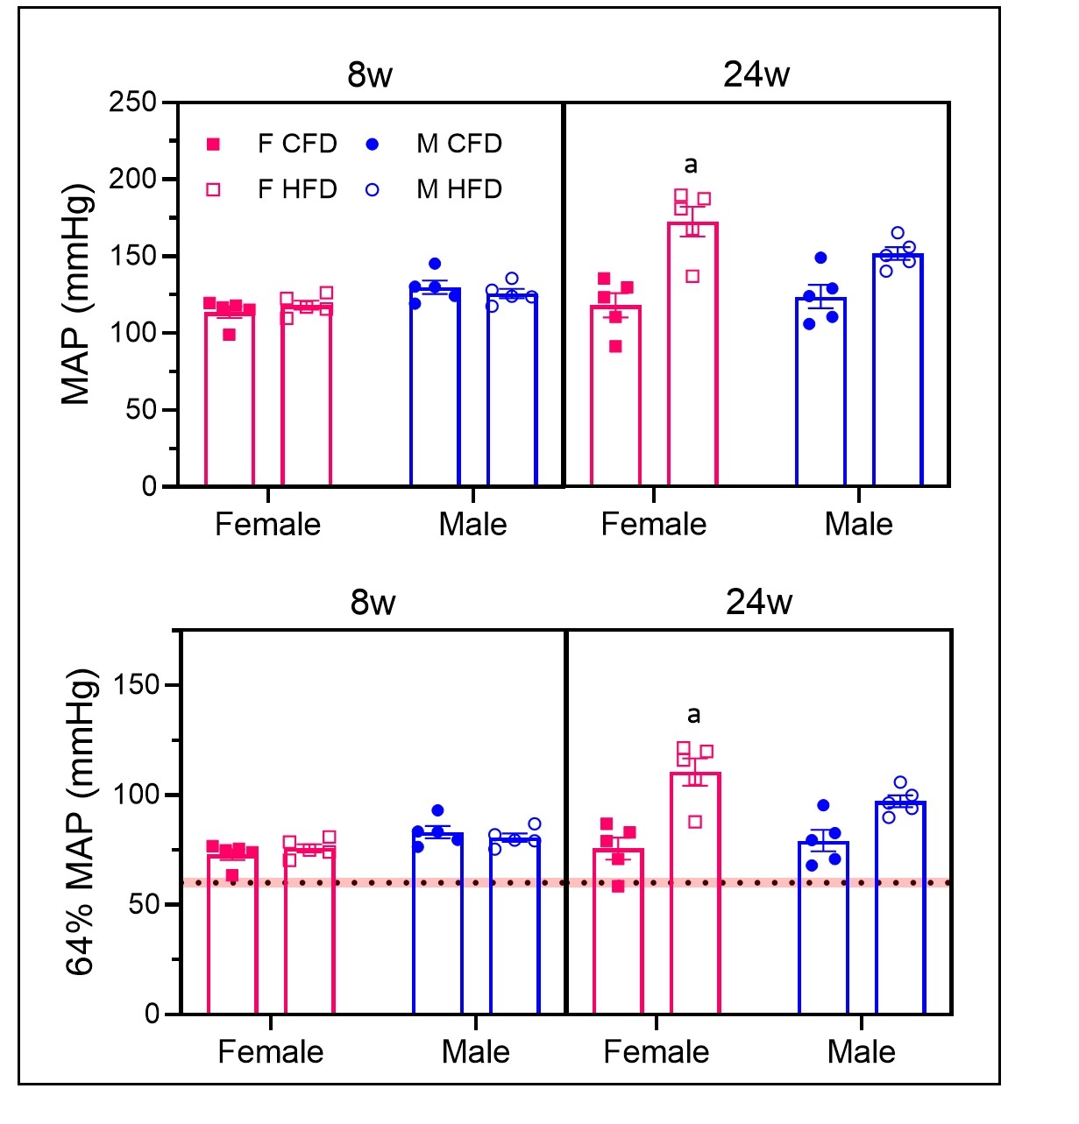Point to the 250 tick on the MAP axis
tap(133, 103)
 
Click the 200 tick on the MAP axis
tap(133, 179)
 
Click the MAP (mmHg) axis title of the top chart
tap(77, 294)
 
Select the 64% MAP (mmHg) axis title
tap(82, 823)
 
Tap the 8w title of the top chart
tap(370, 75)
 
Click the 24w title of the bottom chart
tap(759, 603)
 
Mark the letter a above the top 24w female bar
tap(691, 165)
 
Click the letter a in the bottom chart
tap(693, 715)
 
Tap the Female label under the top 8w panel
tap(267, 525)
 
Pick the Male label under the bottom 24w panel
tap(861, 1052)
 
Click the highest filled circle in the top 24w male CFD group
tap(820, 258)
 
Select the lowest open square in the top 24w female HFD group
tap(692, 277)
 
